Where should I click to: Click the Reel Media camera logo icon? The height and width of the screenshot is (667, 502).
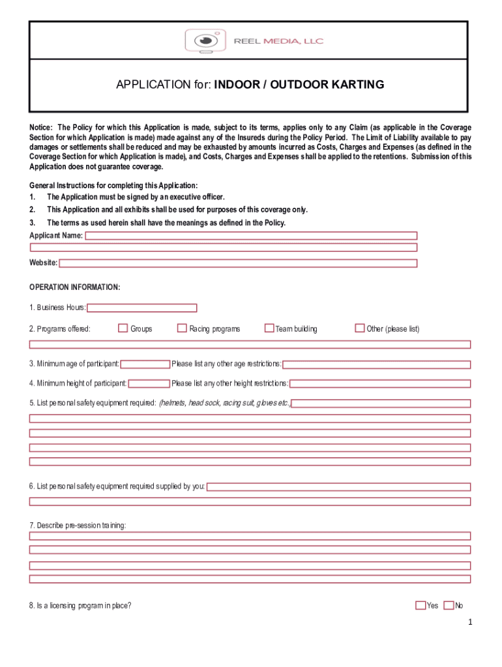pos(205,41)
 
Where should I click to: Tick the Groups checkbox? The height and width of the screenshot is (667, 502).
pos(123,328)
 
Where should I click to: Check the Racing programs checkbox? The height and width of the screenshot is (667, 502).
pos(182,328)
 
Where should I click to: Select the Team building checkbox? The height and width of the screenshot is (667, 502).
pos(269,328)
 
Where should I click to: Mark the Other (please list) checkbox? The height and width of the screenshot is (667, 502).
pos(359,328)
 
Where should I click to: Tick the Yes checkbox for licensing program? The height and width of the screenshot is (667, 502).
pos(421,605)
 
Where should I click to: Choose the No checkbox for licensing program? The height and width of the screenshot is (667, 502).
pos(449,605)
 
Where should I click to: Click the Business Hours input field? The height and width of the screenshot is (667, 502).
pos(142,308)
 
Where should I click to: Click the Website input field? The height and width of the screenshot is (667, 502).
pos(238,263)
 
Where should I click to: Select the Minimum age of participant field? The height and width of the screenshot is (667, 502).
pos(145,364)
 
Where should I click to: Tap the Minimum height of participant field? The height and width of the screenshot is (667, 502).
pos(149,384)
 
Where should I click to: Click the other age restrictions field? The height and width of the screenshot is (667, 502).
pos(376,364)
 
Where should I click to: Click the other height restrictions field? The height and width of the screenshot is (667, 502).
pos(380,384)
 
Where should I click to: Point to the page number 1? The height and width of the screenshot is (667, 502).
pos(469,622)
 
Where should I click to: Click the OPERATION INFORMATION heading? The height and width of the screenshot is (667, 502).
pos(75,287)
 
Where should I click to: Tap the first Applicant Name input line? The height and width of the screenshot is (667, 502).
pos(252,236)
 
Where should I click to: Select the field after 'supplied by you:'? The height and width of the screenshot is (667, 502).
pos(338,487)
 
